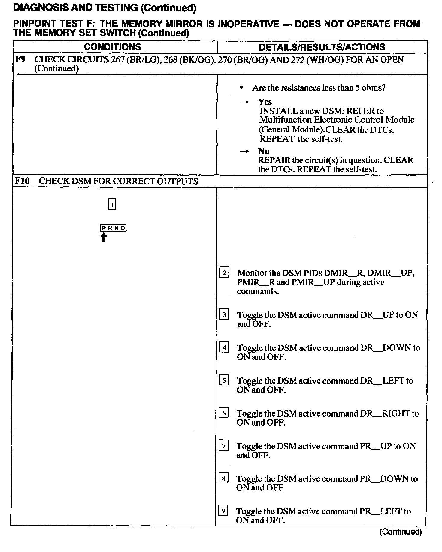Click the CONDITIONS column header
tap(112, 47)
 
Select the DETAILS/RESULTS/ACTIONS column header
tap(322, 47)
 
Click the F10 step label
tap(22, 181)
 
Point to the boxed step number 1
tap(112, 205)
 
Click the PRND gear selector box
tap(113, 228)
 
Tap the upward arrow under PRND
tap(104, 237)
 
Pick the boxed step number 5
tap(224, 380)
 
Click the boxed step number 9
tap(223, 511)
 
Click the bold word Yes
tap(265, 102)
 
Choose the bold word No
tap(264, 151)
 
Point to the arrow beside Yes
tap(244, 102)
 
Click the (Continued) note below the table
tap(401, 532)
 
